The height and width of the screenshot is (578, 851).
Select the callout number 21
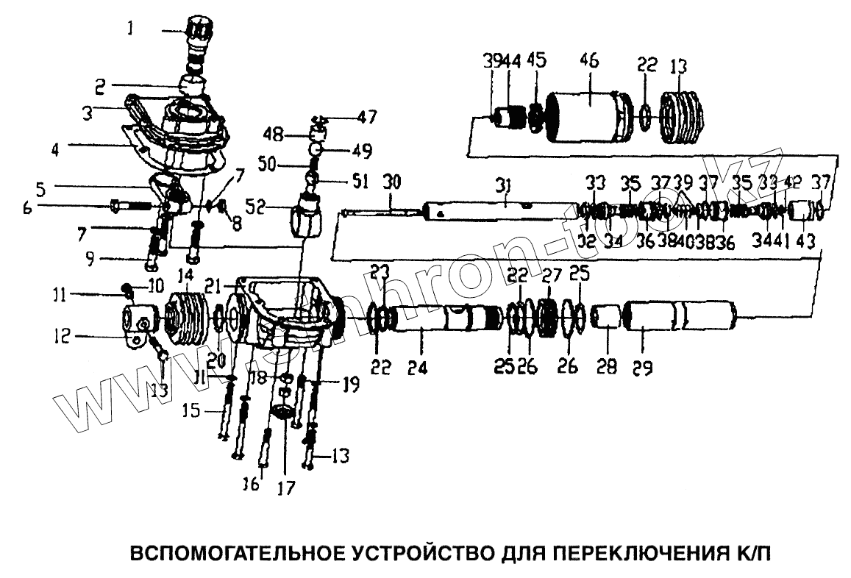tap(213, 284)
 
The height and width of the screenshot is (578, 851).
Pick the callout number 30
tap(391, 181)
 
